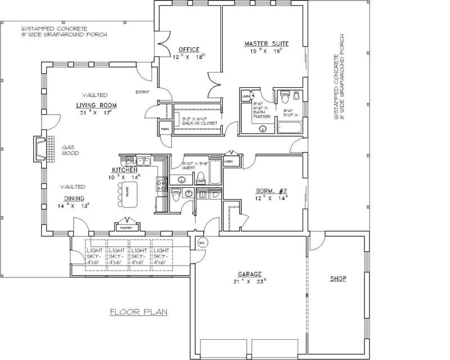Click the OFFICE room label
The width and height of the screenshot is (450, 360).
pyautogui.click(x=189, y=48)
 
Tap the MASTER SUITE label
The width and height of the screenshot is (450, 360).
pyautogui.click(x=267, y=43)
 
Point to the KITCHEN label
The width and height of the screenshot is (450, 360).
pyautogui.click(x=125, y=169)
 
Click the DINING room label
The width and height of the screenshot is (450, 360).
pyautogui.click(x=74, y=199)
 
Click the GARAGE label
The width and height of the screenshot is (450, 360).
pyautogui.click(x=249, y=274)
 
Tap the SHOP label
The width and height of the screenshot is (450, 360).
pyautogui.click(x=337, y=278)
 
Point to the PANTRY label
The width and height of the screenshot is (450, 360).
pyautogui.click(x=125, y=228)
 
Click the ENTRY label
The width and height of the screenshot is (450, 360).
pyautogui.click(x=142, y=92)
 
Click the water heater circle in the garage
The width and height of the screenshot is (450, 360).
pyautogui.click(x=202, y=242)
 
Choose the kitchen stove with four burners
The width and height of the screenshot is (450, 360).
pyautogui.click(x=161, y=182)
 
